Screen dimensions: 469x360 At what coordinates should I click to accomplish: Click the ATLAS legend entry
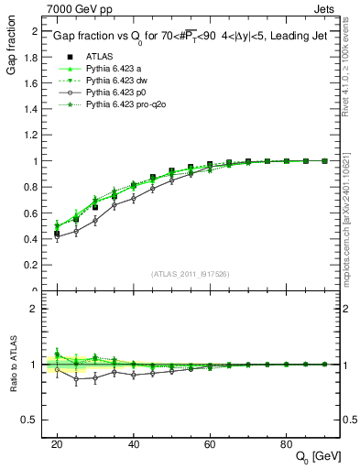[x=95, y=58]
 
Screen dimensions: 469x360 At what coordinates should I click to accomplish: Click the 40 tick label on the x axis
[x=134, y=444]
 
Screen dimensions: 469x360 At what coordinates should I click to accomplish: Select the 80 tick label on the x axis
[x=287, y=444]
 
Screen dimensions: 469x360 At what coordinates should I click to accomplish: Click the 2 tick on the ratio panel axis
[x=35, y=309]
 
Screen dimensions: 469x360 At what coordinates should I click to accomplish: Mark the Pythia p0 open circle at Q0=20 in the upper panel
[x=57, y=235]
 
